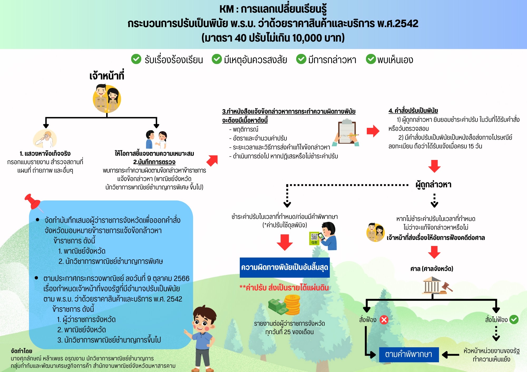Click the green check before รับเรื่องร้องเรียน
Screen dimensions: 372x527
coord(136,59)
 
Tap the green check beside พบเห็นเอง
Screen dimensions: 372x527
coord(371,59)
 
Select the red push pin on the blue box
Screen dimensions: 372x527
coord(33,202)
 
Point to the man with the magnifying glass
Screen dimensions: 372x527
coord(45,139)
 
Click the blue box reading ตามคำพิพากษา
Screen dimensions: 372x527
coord(409,354)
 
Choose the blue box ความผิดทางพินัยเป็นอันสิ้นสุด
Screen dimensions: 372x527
coord(285,267)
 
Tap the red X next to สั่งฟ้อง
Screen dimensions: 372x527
coord(384,320)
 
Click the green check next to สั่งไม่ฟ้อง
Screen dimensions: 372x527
coord(514,319)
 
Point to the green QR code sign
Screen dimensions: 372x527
coord(314,238)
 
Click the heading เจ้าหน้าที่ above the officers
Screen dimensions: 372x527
coord(107,76)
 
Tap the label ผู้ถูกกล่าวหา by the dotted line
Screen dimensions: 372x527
coord(433,185)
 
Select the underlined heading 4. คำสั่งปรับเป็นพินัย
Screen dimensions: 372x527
coord(413,111)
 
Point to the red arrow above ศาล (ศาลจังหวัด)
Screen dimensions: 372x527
coord(434,252)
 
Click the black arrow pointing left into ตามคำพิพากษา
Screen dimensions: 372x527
coord(451,355)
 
